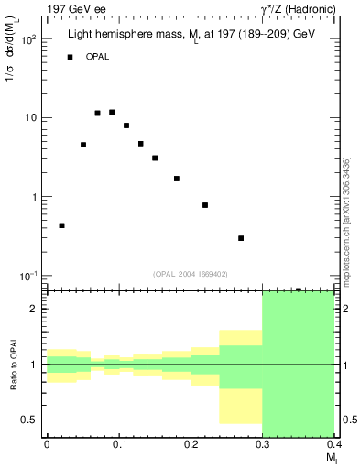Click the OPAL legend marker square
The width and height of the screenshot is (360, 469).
coord(69,58)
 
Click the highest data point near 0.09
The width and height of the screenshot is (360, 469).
coord(112,113)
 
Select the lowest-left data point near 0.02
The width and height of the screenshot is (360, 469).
coord(61,225)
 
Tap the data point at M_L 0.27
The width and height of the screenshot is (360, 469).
coord(241,238)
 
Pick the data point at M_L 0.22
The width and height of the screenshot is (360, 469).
coord(205,205)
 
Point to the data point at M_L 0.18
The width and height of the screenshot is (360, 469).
coord(176,179)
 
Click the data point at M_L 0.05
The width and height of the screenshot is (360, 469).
coord(83,145)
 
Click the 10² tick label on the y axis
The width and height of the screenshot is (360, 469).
coord(27,40)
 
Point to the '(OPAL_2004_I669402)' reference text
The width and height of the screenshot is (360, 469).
coord(190,272)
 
